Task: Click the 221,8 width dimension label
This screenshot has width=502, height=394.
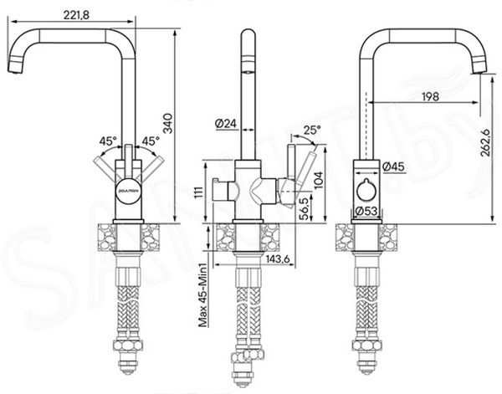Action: [76, 15]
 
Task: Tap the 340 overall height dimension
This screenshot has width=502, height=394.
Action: [167, 123]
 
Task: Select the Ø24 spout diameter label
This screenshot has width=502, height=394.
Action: [225, 123]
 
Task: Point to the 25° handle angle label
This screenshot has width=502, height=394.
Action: [312, 130]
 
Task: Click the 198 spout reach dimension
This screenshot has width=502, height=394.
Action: [430, 96]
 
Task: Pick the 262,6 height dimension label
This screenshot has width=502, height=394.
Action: [485, 142]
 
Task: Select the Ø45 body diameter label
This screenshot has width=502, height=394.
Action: [393, 166]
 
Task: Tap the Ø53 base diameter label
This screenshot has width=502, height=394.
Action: [366, 211]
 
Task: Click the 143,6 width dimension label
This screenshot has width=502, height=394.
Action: [277, 259]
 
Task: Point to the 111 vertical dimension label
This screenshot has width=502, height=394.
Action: [199, 192]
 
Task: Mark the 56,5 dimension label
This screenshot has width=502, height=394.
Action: [305, 208]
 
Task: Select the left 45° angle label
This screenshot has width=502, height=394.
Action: [108, 141]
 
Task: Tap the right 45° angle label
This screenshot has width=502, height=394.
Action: [151, 141]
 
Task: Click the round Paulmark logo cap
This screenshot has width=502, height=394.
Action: [128, 191]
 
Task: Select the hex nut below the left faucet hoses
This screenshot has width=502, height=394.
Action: [128, 346]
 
